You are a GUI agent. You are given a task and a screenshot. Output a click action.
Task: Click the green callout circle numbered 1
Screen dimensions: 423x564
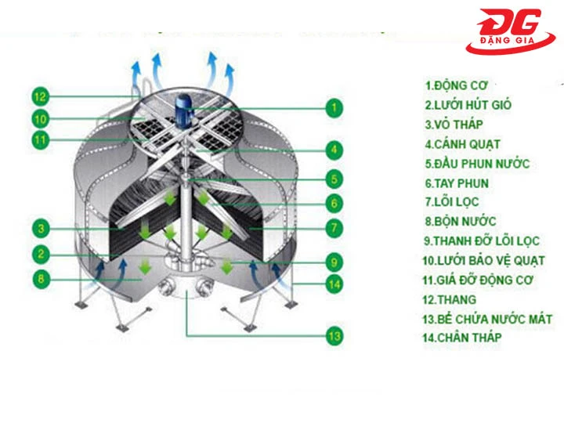334,107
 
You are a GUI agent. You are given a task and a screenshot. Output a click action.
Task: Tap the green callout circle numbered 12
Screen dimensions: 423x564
41,97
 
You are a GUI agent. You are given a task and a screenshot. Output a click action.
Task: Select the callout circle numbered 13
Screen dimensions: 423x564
334,337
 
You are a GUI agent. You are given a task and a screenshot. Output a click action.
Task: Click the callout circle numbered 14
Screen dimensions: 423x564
334,282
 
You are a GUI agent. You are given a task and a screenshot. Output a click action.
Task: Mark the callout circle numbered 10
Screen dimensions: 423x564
41,119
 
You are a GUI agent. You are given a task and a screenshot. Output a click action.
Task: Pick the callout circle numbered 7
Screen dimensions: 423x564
334,229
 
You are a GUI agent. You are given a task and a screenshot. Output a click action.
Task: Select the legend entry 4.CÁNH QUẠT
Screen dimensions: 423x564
462,144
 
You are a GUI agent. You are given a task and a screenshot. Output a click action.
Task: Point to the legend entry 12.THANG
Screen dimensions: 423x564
450,299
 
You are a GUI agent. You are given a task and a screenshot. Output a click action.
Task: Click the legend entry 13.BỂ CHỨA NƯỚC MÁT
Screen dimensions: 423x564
488,319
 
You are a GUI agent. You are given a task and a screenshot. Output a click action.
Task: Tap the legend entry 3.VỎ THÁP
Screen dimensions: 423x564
454,124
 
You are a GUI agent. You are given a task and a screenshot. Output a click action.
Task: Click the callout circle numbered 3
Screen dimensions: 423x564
41,229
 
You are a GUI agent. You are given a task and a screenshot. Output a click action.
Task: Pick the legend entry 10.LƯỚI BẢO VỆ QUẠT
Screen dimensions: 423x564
483,260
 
